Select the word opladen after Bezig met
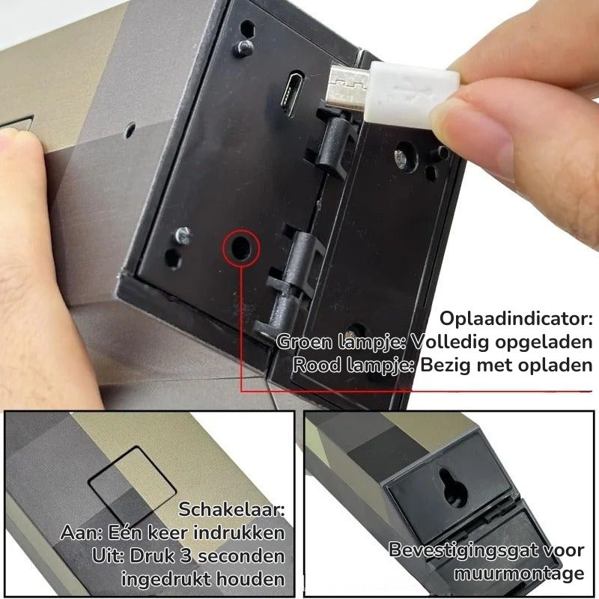click(550, 365)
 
